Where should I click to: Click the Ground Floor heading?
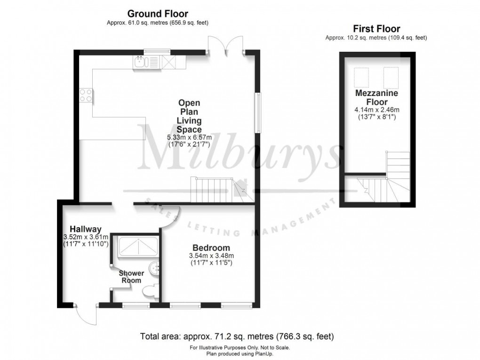coord(158,14)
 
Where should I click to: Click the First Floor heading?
coord(376,29)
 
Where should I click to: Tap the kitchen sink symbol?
coord(141,61)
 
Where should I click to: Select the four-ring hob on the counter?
coord(86,96)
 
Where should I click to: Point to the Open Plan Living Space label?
coord(189,116)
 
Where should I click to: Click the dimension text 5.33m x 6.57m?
coord(189,137)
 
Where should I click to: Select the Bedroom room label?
coord(211,248)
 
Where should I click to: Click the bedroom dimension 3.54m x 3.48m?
coord(210,256)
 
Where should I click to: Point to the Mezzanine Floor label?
coord(376,97)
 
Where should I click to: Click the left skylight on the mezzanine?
coord(361,77)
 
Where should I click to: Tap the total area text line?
coord(237,336)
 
